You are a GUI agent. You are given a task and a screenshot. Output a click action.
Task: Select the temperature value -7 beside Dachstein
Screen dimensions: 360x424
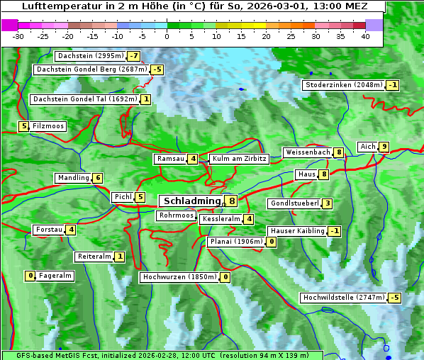[x=133, y=56]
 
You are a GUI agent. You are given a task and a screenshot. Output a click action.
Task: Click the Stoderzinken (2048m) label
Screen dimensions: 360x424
[x=343, y=86]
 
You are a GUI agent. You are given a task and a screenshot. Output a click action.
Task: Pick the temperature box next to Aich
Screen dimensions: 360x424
[x=384, y=147]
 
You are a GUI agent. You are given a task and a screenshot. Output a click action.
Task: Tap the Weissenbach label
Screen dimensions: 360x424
[x=307, y=152]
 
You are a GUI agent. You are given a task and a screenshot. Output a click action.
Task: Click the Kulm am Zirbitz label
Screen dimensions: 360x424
[x=239, y=159]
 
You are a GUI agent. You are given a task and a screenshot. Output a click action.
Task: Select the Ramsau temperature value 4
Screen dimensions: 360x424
[x=193, y=159]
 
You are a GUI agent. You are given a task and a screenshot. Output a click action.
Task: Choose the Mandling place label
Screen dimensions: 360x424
[x=73, y=178]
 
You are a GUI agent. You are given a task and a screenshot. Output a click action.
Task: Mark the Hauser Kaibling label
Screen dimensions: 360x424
[x=297, y=231]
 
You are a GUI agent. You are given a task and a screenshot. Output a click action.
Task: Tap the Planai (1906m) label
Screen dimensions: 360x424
[x=236, y=242]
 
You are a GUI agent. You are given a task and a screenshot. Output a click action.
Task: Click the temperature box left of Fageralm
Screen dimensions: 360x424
[x=30, y=276]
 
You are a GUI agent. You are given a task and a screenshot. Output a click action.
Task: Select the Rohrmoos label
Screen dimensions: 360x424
[x=176, y=215]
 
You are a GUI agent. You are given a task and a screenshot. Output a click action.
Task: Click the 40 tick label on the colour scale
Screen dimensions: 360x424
[x=365, y=36]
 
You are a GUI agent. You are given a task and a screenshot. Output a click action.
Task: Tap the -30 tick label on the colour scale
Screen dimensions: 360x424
[x=18, y=36]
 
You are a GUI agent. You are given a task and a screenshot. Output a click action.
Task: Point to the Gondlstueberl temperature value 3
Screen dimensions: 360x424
[x=327, y=204]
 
